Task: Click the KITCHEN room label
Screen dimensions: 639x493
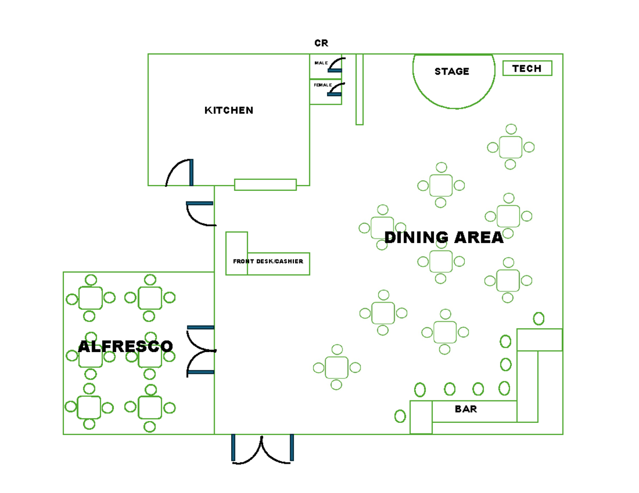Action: (x=229, y=110)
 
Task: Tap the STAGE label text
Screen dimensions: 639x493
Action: (x=452, y=71)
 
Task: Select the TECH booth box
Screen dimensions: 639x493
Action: (x=527, y=68)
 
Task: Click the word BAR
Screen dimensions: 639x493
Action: (x=465, y=409)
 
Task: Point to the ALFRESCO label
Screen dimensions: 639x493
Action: (x=126, y=346)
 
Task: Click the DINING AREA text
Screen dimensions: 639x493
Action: (x=444, y=237)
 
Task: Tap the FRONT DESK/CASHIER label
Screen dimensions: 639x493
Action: (x=268, y=261)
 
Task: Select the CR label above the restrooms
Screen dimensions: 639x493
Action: (x=321, y=43)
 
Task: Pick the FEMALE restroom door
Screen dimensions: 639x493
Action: (x=335, y=90)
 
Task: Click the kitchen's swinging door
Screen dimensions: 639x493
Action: (x=180, y=173)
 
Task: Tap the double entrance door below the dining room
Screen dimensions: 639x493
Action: (x=263, y=449)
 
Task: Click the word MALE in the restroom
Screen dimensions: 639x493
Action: (x=321, y=63)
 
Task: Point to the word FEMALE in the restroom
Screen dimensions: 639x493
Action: (x=323, y=85)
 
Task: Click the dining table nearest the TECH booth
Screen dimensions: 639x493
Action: (x=511, y=147)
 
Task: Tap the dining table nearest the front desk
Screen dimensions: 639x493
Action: (x=382, y=228)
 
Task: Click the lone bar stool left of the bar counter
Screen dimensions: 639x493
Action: (x=400, y=416)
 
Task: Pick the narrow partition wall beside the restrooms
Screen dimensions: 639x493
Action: (x=359, y=89)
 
